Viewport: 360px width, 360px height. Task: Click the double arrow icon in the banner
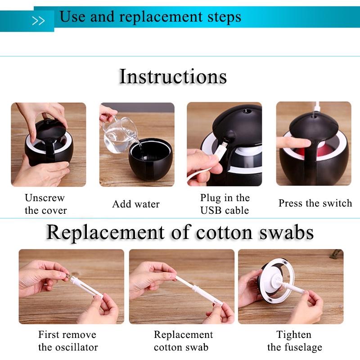tap(38, 21)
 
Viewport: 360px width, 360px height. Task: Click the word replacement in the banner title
tap(161, 17)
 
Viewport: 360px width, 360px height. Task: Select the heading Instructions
tap(173, 76)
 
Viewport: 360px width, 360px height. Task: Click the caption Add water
tap(136, 204)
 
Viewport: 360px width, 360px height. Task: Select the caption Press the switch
tap(315, 203)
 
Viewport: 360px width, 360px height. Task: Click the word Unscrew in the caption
tap(45, 198)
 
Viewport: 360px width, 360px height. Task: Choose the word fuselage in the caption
tap(303, 347)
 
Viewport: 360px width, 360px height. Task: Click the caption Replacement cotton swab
tap(183, 341)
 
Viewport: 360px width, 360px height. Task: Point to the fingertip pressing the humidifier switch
tap(306, 143)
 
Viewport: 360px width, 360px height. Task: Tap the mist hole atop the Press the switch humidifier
tap(314, 117)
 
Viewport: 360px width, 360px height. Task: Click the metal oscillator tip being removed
tap(67, 275)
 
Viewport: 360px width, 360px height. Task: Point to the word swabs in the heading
tap(287, 233)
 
